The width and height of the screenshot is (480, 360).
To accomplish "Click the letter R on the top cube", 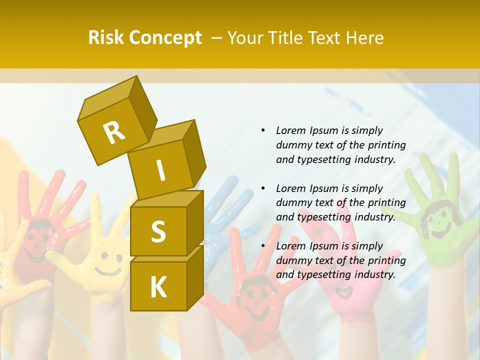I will coord(114,132).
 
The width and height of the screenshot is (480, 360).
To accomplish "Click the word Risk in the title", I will coord(105,38).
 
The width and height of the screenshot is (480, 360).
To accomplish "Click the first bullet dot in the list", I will coord(263,131).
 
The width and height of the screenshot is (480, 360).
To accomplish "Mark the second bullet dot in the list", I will coord(263,188).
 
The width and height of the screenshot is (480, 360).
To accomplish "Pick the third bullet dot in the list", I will coord(263,246).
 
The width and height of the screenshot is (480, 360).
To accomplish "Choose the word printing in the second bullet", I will coord(386,202).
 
